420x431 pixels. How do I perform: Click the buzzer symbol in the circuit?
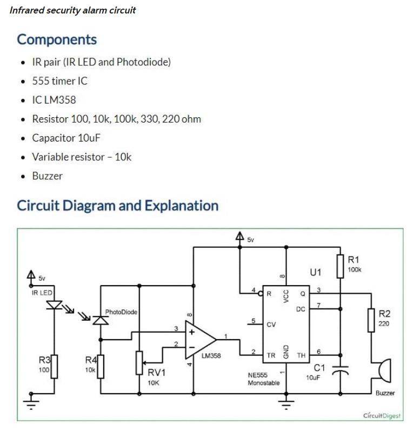tap(383, 372)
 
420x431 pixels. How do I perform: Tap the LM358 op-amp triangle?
tap(200, 339)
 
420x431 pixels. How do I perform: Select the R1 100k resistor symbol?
tap(340, 266)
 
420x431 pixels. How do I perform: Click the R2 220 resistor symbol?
tap(371, 320)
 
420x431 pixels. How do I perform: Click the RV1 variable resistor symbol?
tap(139, 362)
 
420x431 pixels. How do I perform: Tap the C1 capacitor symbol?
tap(340, 371)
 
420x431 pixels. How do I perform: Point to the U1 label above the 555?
tap(316, 272)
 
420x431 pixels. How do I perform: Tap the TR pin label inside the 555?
tap(271, 355)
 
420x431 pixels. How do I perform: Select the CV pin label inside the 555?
tap(271, 325)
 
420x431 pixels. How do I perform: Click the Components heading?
tap(57, 39)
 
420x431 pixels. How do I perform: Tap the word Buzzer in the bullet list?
tap(47, 176)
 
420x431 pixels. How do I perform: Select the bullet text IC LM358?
tap(54, 100)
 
